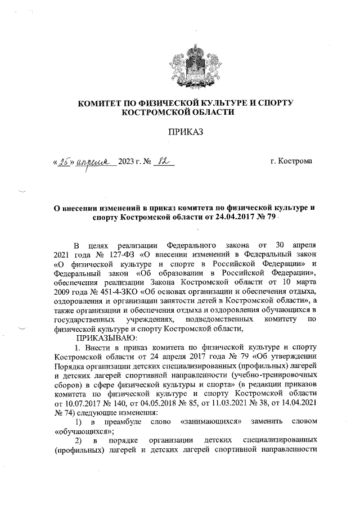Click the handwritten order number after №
[x=163, y=161]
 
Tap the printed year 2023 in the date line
[x=130, y=163]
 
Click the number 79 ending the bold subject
[x=271, y=217]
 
